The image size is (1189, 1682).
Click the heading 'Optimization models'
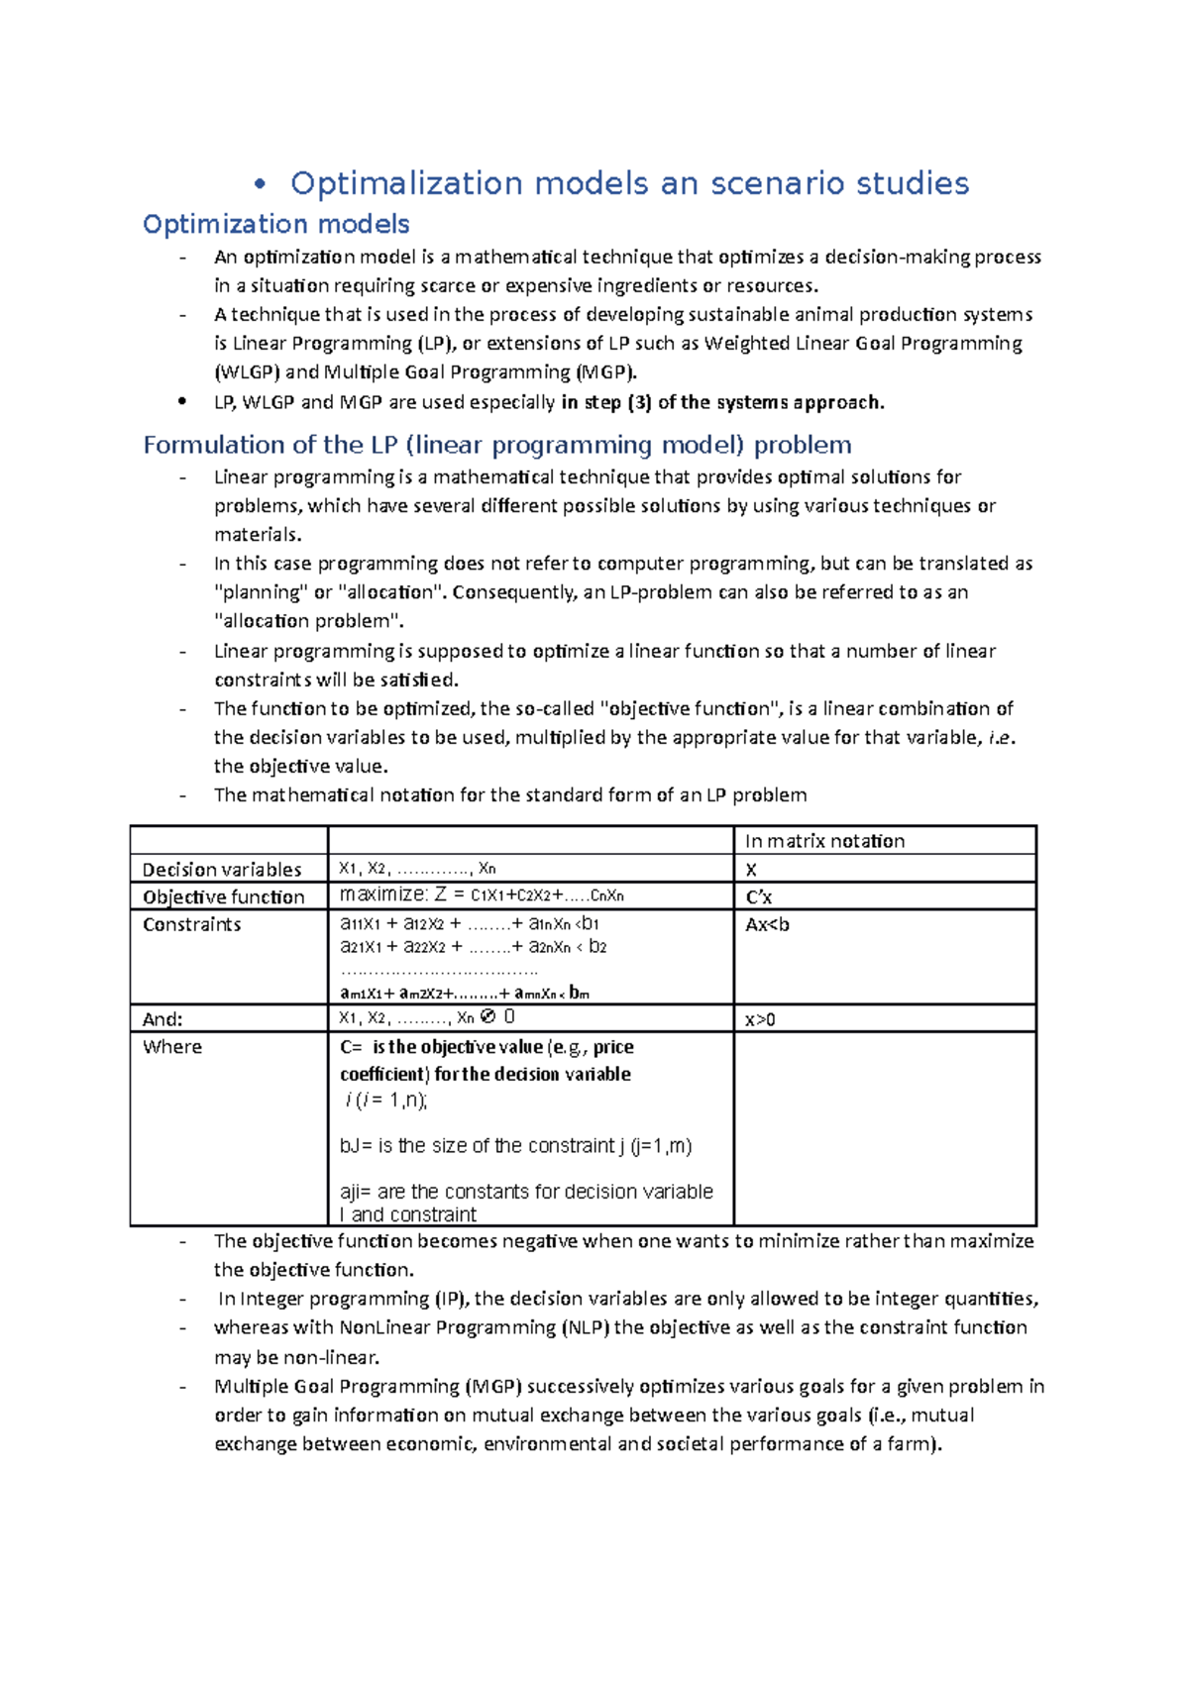(275, 224)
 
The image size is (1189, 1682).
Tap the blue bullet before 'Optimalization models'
(261, 183)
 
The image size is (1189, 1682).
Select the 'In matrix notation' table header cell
(824, 841)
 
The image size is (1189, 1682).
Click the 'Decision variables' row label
(222, 870)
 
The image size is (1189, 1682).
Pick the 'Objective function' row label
(224, 897)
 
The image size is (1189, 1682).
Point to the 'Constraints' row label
(192, 924)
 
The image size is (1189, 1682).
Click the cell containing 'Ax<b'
(767, 924)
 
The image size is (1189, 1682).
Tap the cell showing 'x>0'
(760, 1019)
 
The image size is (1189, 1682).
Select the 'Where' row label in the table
(172, 1047)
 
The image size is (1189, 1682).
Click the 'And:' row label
(162, 1019)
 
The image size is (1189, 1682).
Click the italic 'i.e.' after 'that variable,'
(1002, 737)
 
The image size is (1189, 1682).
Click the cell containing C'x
(759, 897)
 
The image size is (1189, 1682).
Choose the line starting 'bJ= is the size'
(515, 1146)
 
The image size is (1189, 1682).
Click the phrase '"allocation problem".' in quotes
(309, 621)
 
